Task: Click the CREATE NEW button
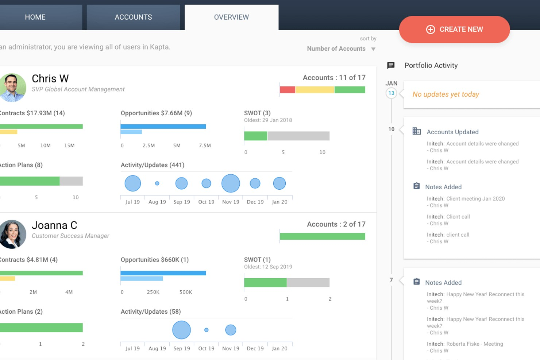(x=454, y=30)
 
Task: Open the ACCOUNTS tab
(x=133, y=17)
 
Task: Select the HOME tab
(x=35, y=17)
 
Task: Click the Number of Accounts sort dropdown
(x=341, y=49)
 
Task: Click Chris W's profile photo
(x=13, y=88)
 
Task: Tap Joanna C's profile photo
(x=13, y=234)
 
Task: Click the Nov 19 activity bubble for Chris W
(x=231, y=183)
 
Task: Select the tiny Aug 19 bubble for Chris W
(x=157, y=183)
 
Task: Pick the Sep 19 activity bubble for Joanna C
(x=181, y=330)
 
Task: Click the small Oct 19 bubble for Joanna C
(x=207, y=330)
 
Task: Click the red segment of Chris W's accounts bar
(x=288, y=90)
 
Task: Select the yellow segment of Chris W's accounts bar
(x=315, y=90)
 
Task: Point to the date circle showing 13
(x=391, y=93)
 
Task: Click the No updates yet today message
(x=445, y=94)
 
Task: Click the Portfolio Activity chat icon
(x=391, y=65)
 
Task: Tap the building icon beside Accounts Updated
(x=417, y=131)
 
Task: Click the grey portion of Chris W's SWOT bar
(x=298, y=136)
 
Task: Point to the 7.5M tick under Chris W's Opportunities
(x=205, y=146)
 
